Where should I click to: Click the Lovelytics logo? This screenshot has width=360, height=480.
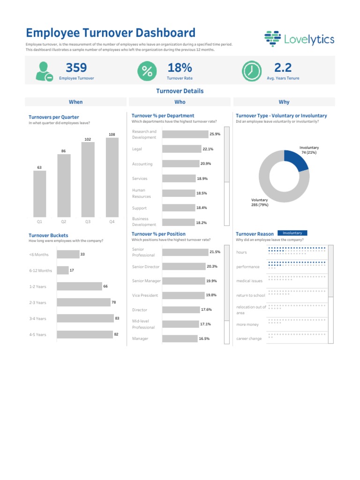(299, 39)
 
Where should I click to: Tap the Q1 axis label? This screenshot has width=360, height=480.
(39, 221)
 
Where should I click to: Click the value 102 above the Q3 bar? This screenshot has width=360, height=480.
(88, 139)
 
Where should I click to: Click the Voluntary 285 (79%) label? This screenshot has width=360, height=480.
(260, 202)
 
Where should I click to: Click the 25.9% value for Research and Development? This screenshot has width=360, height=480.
(215, 134)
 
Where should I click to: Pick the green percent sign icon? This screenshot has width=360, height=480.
(147, 71)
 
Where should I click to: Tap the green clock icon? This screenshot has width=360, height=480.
(252, 71)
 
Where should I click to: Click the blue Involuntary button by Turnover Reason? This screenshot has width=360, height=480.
(292, 233)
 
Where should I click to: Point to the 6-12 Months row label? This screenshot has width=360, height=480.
(40, 270)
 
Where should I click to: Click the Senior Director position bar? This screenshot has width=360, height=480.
(184, 267)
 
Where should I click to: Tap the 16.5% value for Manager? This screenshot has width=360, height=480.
(203, 338)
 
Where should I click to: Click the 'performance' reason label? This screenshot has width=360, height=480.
(248, 267)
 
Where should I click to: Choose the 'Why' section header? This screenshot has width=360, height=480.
(284, 102)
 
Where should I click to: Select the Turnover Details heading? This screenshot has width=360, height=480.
(180, 91)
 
